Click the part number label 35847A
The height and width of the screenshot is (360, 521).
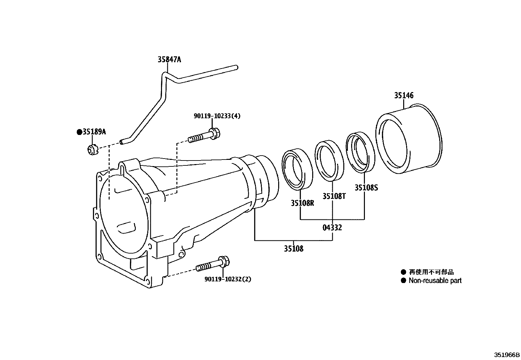point(169,60)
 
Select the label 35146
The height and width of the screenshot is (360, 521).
point(404,95)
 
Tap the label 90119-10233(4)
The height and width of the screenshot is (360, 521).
point(217,116)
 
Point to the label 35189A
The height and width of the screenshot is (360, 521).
point(94,132)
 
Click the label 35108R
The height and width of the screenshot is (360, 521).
point(302,203)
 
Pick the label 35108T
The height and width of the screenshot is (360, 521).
point(334,196)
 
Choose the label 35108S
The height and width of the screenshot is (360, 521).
point(366,188)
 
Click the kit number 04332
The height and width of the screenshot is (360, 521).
point(332,228)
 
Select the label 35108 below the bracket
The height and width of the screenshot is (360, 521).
point(294,249)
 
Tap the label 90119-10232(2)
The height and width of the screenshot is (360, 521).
point(228,279)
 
